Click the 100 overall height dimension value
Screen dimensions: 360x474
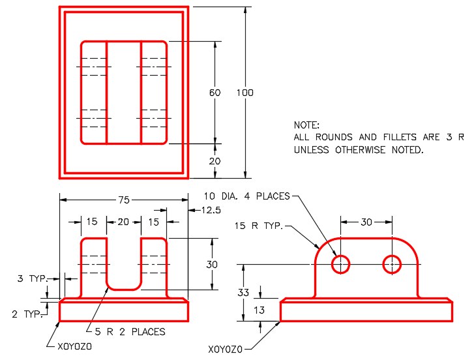[x=244, y=93]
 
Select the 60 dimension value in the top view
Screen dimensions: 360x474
[x=215, y=93]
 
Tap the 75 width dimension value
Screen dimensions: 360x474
[x=123, y=201]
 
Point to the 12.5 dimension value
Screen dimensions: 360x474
[x=203, y=210]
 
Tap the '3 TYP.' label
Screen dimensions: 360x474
[x=32, y=279]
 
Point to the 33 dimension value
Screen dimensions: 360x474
[x=243, y=293]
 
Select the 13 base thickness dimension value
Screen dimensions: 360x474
[x=259, y=310]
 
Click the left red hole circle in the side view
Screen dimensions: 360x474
[x=341, y=264]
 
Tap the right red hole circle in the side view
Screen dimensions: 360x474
[x=392, y=264]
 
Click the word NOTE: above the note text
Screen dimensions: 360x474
[x=307, y=125]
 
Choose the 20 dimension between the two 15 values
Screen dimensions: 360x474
[x=123, y=222]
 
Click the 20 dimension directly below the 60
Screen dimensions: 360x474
[x=215, y=161]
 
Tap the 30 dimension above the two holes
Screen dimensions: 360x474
[x=366, y=222]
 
